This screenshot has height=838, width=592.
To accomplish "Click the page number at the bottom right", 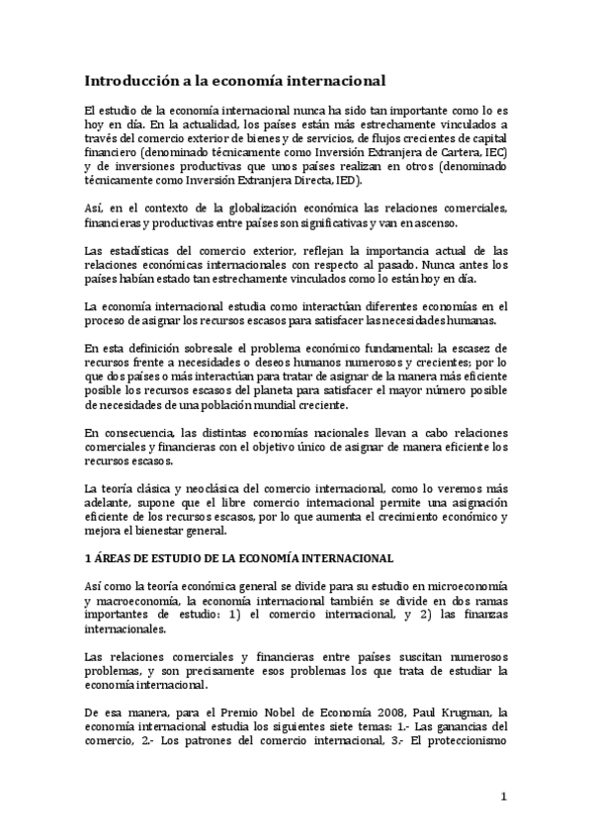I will click(503, 796).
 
